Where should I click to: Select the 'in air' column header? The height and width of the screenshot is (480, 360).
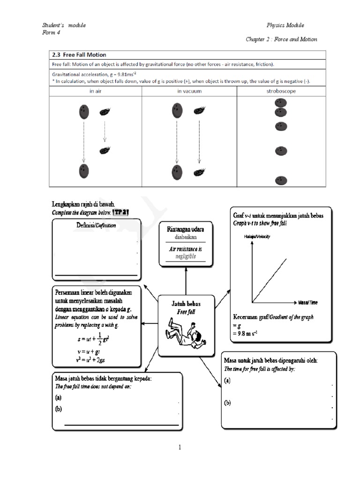click(96, 91)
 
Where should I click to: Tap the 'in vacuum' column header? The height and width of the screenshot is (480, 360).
click(189, 91)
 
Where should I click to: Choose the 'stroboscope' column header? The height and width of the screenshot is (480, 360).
click(280, 91)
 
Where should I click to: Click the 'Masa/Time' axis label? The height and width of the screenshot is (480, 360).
click(308, 302)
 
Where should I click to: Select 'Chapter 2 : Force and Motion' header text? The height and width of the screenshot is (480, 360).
click(281, 39)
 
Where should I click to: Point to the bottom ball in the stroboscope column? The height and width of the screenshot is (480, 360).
click(281, 181)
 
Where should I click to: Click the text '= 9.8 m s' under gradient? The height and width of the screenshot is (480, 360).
click(248, 333)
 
